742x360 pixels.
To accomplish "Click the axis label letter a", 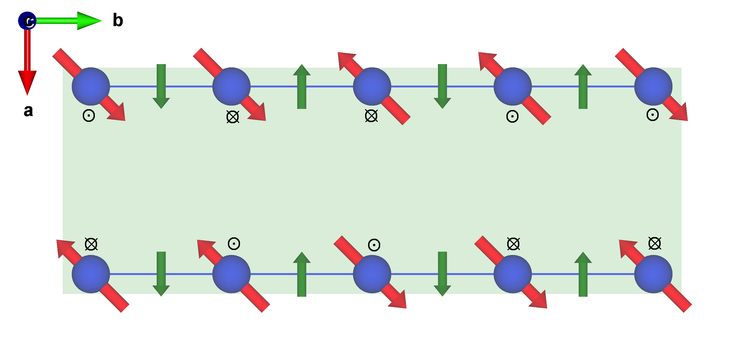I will click(x=28, y=111).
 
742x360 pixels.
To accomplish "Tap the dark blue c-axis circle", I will click(x=27, y=21).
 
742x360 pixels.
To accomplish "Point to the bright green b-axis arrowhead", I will click(x=89, y=21).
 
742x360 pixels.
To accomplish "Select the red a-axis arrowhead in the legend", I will click(x=27, y=82).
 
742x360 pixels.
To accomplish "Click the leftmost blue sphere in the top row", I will click(x=91, y=86).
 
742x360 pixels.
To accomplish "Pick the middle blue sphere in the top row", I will click(x=372, y=86).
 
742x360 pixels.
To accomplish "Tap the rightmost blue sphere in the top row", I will click(x=653, y=86).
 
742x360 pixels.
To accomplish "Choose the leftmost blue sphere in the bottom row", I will click(x=91, y=274).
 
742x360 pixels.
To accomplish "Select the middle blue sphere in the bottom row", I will click(x=372, y=274).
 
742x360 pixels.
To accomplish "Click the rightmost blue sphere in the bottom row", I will click(x=653, y=274).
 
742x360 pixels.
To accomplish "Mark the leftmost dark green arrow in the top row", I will click(x=161, y=86).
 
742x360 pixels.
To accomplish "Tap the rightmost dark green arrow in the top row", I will click(x=583, y=86).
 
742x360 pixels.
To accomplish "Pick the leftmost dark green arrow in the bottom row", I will click(x=161, y=274).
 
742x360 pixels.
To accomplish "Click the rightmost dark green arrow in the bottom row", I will click(x=583, y=274).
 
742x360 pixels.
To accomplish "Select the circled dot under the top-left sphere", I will click(x=89, y=116).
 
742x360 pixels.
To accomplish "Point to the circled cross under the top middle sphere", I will click(x=371, y=116).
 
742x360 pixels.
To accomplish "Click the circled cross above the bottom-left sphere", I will click(x=91, y=244).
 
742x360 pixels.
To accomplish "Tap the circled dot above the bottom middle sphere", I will click(x=374, y=245).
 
